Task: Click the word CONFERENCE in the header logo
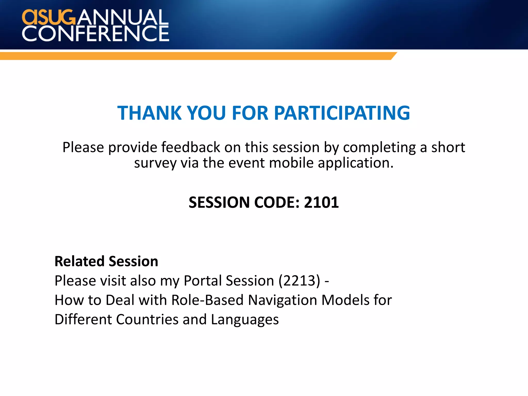[x=95, y=34]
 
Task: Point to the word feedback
[x=191, y=147]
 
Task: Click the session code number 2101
[x=321, y=202]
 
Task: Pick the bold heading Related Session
[x=106, y=261]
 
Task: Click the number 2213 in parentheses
[x=299, y=280]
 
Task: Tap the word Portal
[x=203, y=280]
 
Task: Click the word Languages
[x=245, y=320]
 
